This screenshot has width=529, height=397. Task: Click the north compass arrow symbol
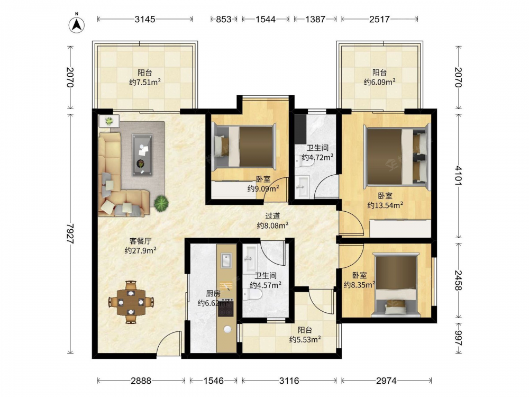tap(77, 24)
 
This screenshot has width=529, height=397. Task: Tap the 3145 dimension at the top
tap(145, 19)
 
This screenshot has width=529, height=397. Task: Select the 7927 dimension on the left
tap(70, 233)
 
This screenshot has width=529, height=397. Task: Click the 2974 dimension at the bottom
tap(386, 381)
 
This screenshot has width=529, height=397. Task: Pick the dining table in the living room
tap(131, 302)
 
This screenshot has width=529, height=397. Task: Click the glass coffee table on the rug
tap(142, 155)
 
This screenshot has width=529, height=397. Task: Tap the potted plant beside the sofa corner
tap(161, 204)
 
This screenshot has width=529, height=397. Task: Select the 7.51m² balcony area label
tap(145, 82)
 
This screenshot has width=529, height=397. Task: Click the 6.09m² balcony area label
tap(379, 82)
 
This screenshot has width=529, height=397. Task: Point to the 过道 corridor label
tap(272, 216)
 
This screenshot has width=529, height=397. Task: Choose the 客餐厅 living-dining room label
tap(140, 241)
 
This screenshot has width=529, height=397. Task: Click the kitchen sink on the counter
tap(226, 260)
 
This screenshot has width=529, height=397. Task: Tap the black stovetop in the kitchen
tap(225, 308)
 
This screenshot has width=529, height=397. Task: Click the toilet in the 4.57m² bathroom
tap(252, 295)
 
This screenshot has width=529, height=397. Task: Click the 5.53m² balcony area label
tap(305, 340)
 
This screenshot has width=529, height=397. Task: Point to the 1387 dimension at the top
tap(315, 19)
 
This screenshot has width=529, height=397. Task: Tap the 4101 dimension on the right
tap(458, 175)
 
